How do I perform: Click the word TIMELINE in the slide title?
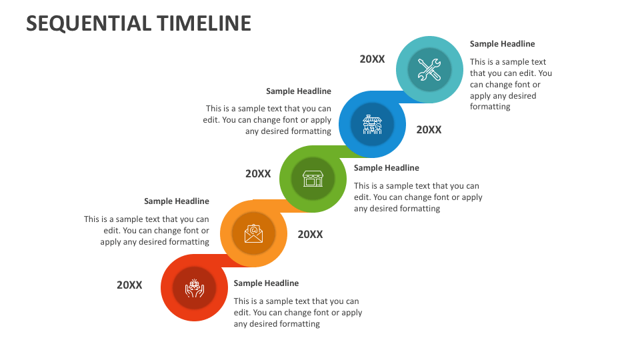tap(204, 23)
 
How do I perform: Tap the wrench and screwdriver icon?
tap(429, 69)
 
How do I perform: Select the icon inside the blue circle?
tap(372, 125)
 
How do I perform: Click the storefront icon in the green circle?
tap(313, 179)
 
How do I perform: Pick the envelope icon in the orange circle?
tap(253, 234)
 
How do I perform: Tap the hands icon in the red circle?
tap(194, 288)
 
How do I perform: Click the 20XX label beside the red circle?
tap(129, 285)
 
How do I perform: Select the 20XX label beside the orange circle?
tap(310, 235)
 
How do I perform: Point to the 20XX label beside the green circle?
tap(258, 174)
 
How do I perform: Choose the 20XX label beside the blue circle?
tap(429, 130)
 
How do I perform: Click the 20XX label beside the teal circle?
tap(372, 59)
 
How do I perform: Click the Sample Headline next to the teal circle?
tap(502, 44)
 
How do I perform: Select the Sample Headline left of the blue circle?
tap(298, 91)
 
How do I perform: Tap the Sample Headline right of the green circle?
tap(386, 168)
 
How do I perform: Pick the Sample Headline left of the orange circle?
tap(176, 201)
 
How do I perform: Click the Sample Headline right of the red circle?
tap(266, 283)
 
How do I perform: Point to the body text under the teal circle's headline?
tap(511, 85)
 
